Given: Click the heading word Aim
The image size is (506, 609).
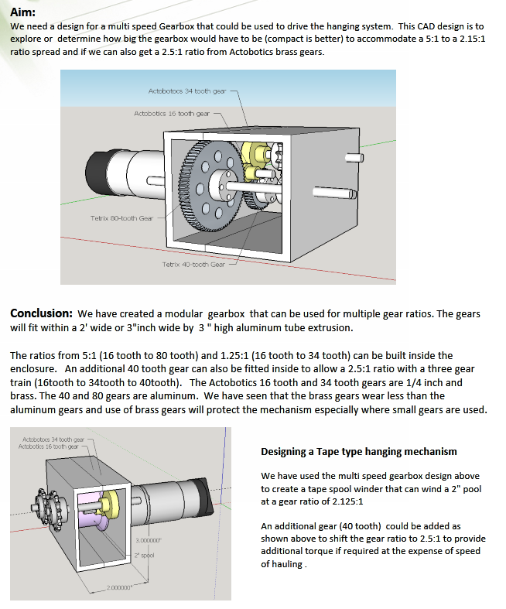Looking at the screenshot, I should pos(22,10).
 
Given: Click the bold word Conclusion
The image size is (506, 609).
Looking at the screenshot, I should pos(41,313).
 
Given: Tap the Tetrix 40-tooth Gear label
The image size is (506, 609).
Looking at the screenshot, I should pos(193,264).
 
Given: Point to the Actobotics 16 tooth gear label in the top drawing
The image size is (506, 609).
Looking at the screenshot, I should pos(171,113).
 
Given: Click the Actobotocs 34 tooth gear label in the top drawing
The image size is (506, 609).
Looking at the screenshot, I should pos(186,91).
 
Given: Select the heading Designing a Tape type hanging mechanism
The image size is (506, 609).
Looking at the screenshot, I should pos(358,451).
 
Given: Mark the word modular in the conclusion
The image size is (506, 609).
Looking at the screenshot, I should pos(180,314).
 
